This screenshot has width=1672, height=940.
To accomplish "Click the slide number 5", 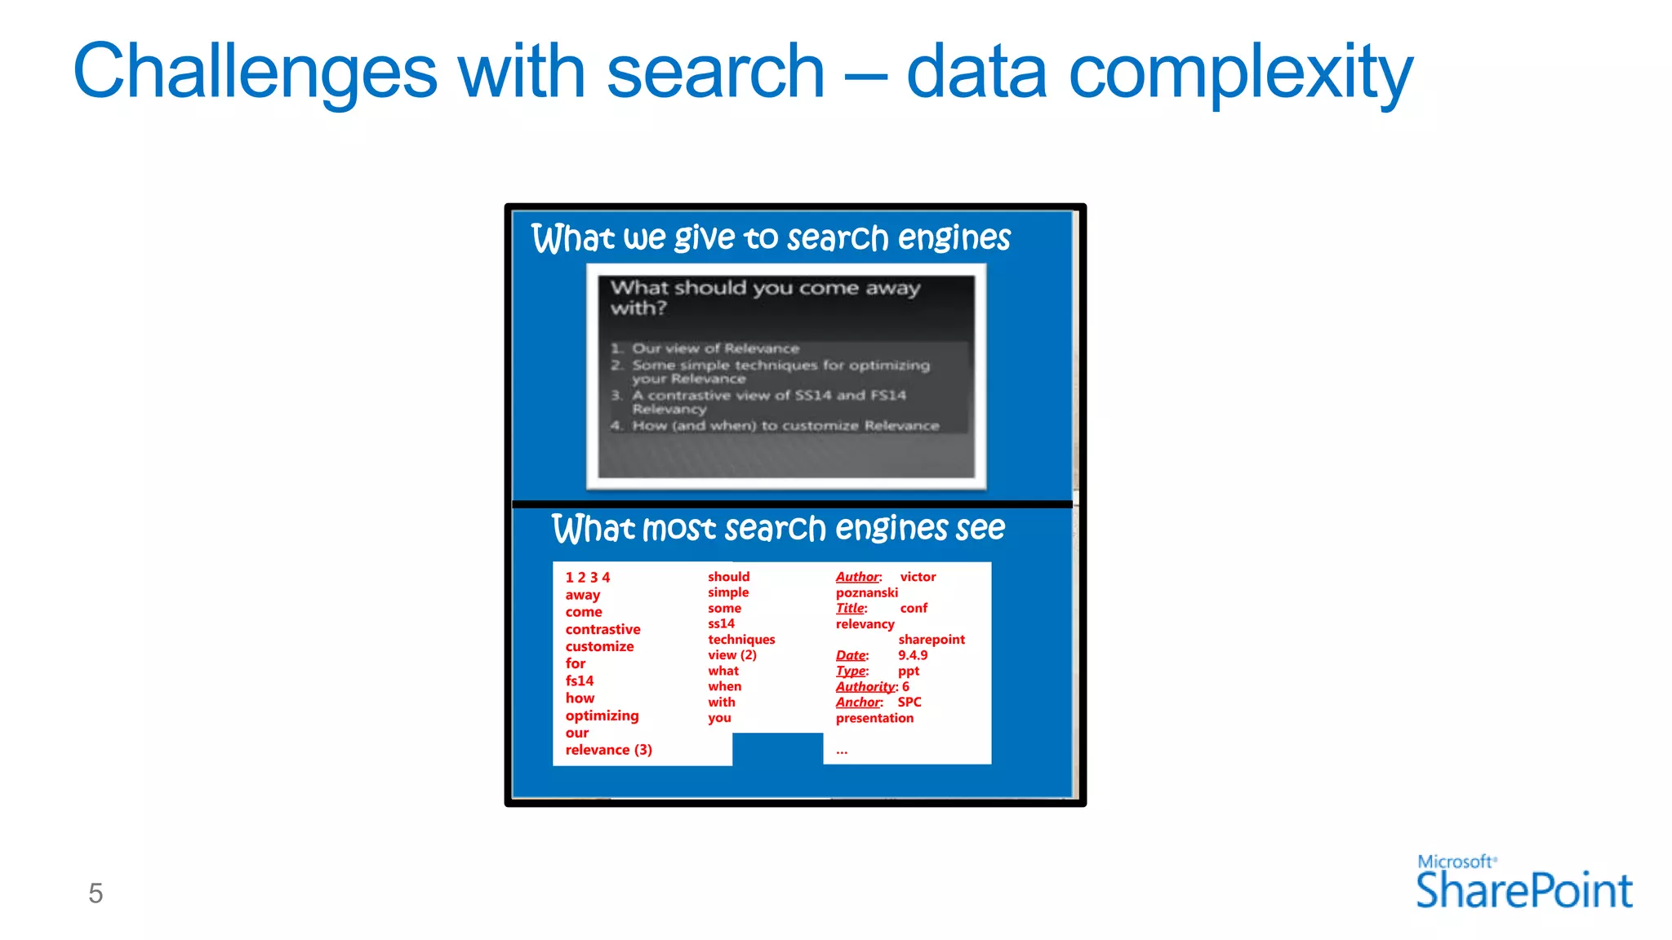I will point(96,893).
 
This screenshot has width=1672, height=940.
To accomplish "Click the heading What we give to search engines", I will point(771,238).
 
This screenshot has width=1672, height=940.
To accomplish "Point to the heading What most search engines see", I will point(778,528).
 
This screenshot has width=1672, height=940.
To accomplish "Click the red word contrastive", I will point(603,629).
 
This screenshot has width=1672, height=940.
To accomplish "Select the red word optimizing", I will point(602,716).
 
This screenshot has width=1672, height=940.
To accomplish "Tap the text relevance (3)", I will point(608,750).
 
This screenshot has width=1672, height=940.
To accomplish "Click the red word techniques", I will point(741,640).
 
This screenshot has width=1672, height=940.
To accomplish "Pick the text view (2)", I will point(731,655).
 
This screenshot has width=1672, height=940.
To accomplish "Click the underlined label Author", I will point(857,577).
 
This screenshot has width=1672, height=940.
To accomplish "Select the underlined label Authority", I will point(865,687).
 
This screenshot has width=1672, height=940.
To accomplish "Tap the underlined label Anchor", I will point(858,703).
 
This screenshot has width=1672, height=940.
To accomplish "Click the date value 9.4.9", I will point(913,655).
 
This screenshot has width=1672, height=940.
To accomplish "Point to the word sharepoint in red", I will point(932,640).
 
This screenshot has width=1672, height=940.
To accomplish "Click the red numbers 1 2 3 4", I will point(587,578).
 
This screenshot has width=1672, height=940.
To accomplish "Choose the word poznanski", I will point(866,592).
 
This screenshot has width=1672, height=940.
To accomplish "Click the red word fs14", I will point(580,681).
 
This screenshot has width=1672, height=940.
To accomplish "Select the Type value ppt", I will point(909,671).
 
